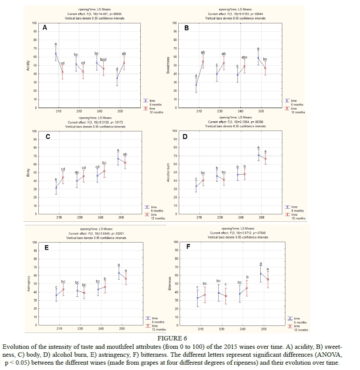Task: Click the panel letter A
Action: pyautogui.click(x=45, y=28)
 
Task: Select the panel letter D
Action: pyautogui.click(x=185, y=137)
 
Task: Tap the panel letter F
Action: pyautogui.click(x=188, y=246)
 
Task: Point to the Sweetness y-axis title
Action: pyautogui.click(x=168, y=65)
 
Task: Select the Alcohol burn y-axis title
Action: pyautogui.click(x=168, y=172)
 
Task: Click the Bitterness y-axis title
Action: pyautogui.click(x=169, y=284)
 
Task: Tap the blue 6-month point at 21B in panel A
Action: pyautogui.click(x=56, y=53)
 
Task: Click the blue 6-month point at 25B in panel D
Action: pyautogui.click(x=259, y=155)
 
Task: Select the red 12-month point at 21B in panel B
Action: pyautogui.click(x=203, y=61)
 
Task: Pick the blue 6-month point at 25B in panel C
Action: pyautogui.click(x=118, y=158)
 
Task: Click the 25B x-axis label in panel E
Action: pyautogui.click(x=122, y=329)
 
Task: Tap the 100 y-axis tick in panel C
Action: pyautogui.click(x=34, y=131)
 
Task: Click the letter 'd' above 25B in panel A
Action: pyautogui.click(x=116, y=69)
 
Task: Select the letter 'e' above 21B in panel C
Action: pyautogui.click(x=56, y=179)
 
